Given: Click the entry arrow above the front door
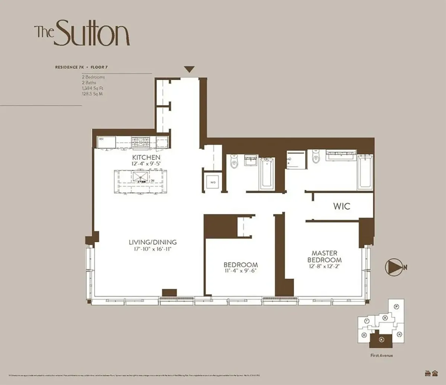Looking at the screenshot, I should (190, 69).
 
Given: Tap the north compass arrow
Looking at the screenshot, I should (393, 266).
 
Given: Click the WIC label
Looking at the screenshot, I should (341, 206).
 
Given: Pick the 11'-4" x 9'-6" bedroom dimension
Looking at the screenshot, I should (240, 271).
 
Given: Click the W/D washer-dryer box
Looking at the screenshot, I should (213, 182).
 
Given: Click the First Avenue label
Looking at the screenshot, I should (381, 356).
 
